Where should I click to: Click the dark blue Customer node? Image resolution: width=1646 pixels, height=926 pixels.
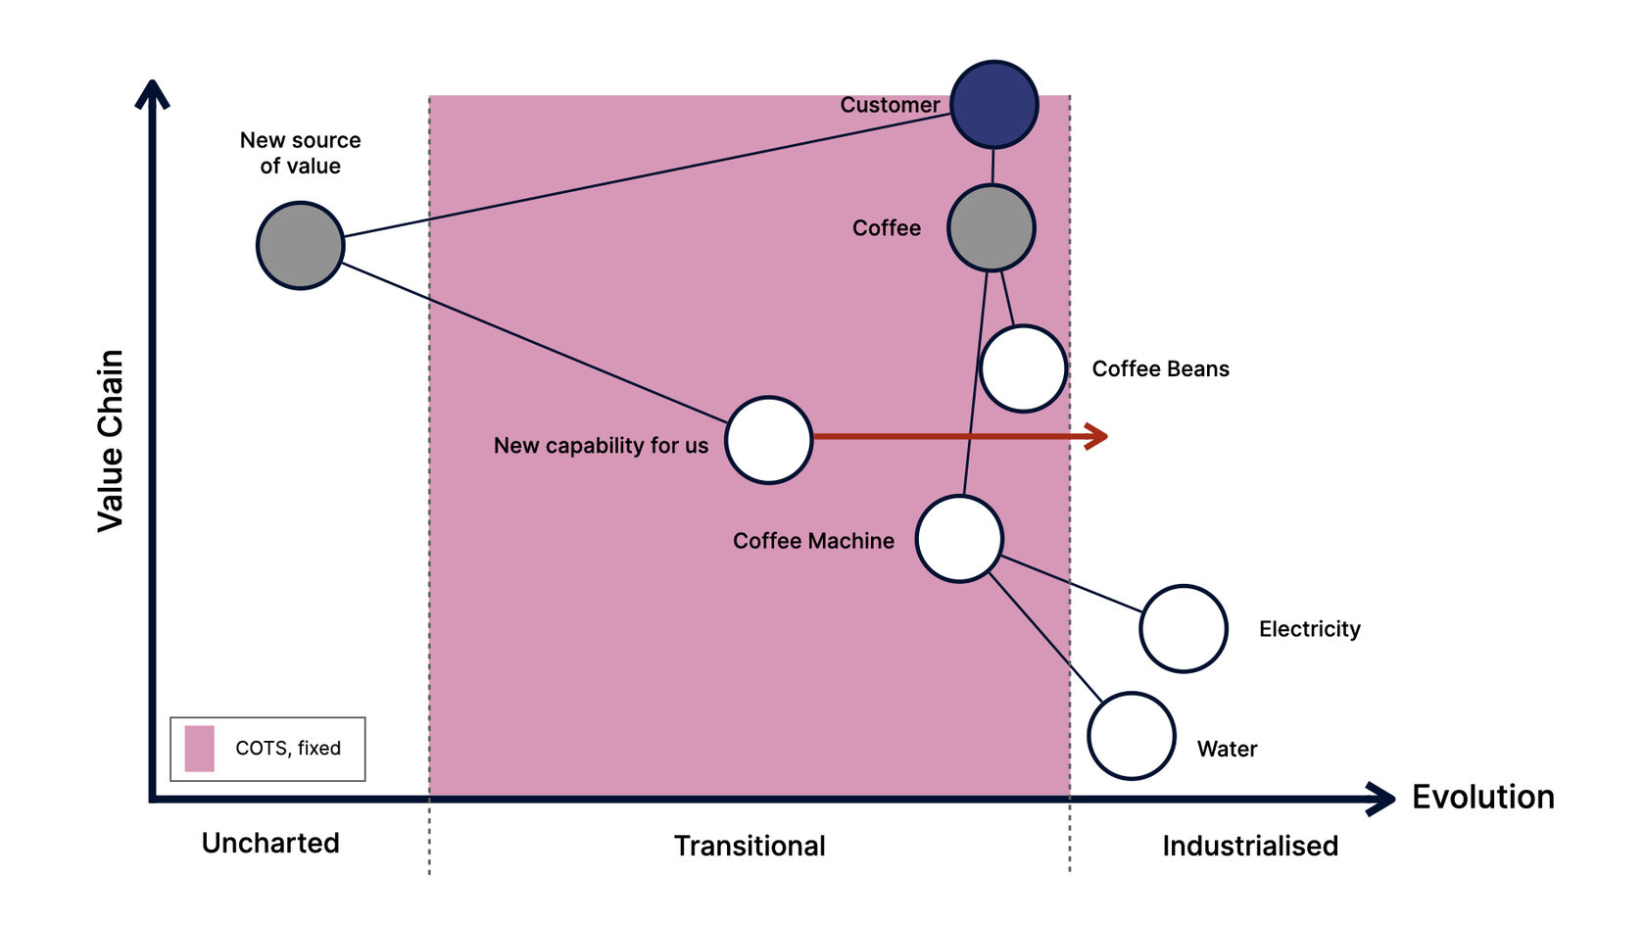[993, 105]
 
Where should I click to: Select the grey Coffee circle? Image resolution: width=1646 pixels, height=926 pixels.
[991, 228]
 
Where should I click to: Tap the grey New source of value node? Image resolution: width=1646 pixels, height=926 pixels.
[300, 245]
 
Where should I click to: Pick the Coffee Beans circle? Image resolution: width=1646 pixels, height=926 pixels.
[1023, 368]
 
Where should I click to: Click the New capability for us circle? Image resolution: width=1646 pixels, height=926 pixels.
[769, 440]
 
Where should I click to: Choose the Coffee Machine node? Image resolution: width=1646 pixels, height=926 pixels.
[959, 539]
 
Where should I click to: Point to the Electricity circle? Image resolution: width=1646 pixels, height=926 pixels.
[1184, 628]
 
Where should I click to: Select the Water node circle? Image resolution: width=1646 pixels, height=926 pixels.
[1132, 736]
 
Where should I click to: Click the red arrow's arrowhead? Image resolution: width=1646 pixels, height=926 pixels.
[1098, 436]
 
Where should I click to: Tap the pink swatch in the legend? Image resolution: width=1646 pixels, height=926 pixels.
[199, 749]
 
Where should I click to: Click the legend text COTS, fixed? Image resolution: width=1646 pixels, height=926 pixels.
[288, 749]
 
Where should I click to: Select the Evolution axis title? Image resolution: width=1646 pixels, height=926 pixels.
[1482, 797]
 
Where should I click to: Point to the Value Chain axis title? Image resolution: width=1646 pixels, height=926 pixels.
[111, 441]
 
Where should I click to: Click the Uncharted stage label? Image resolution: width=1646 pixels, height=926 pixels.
[270, 843]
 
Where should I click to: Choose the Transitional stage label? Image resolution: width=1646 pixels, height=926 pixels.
[750, 846]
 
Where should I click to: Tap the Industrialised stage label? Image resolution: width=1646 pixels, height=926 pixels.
[1250, 846]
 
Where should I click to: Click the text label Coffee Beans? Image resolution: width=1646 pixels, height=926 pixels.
[1160, 369]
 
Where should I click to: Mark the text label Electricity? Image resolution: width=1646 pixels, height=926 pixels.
[1309, 629]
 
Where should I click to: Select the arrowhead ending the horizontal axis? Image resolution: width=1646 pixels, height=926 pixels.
[1382, 799]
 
